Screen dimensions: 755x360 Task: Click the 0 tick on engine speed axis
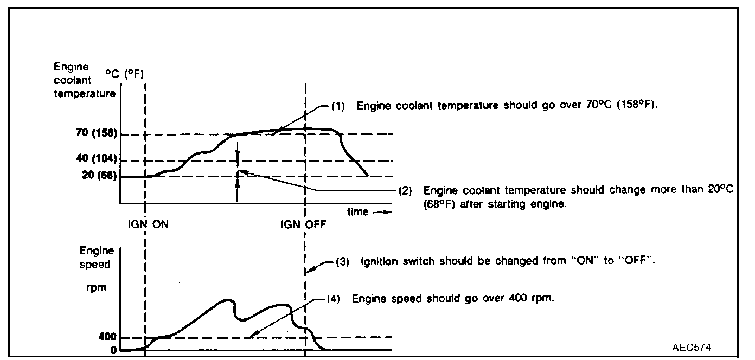click(x=113, y=350)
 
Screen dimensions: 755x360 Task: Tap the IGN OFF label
click(x=304, y=224)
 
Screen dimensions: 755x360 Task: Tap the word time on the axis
click(x=358, y=212)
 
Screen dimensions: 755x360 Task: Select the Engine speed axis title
click(x=97, y=258)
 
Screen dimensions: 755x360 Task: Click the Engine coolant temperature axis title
click(x=84, y=80)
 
